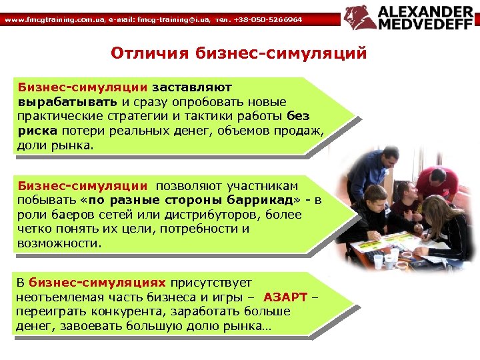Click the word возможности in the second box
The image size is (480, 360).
pos(59,243)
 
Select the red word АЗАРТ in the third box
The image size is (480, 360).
pos(285,297)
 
